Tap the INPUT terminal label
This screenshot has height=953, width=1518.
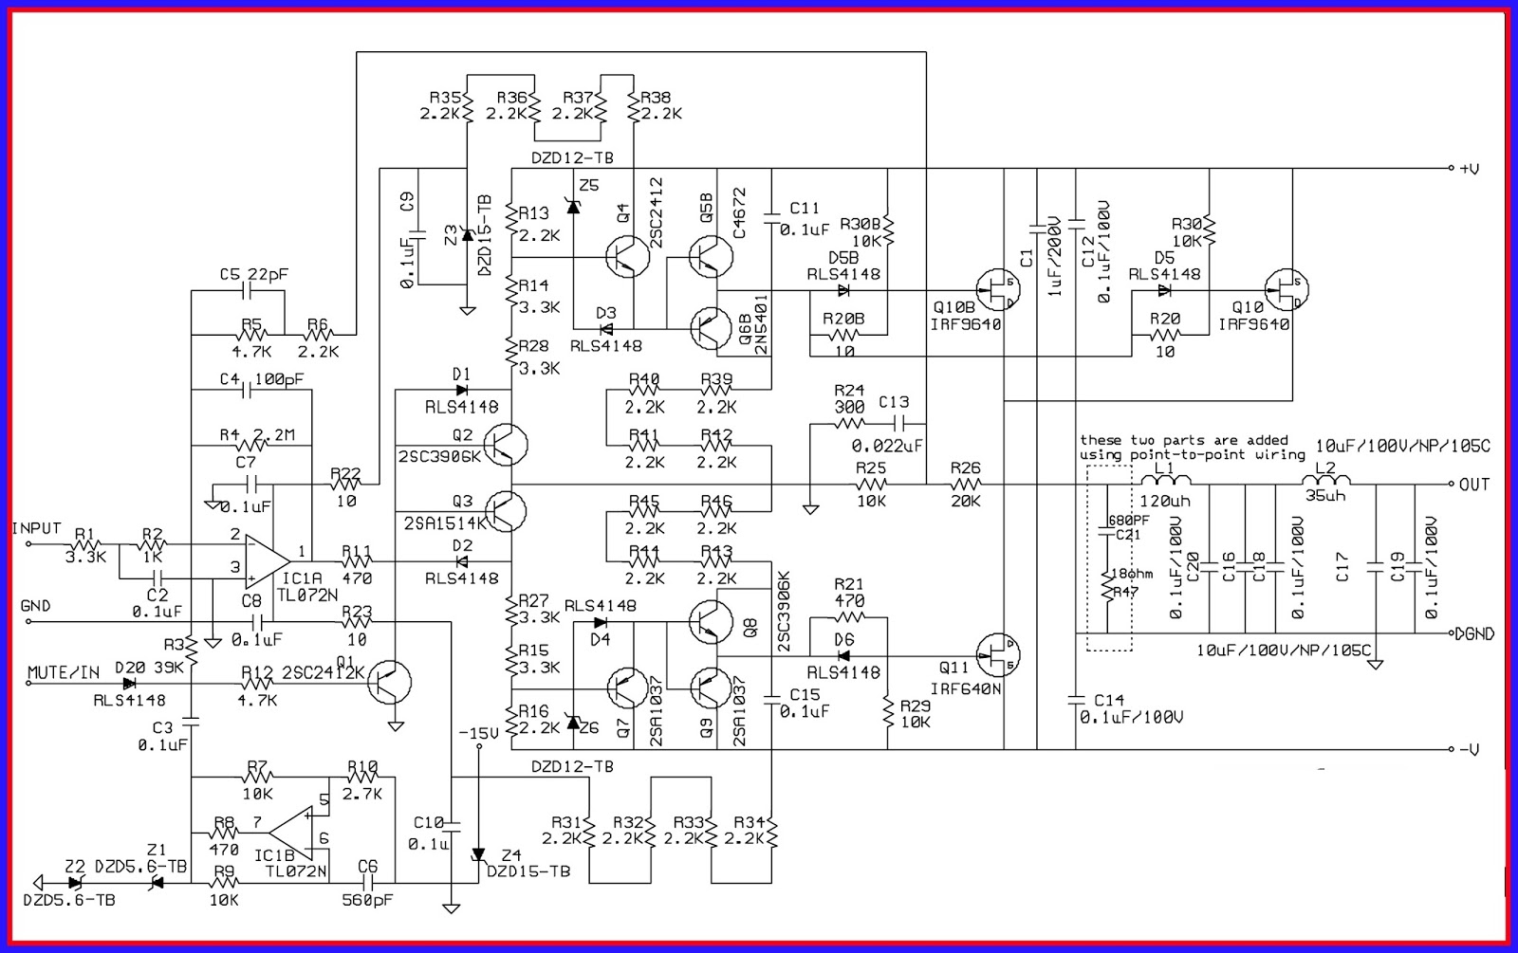tap(36, 528)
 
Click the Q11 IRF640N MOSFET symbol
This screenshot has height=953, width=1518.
tap(999, 653)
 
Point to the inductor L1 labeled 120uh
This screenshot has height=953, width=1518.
tap(1165, 483)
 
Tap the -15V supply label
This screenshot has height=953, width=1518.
tap(478, 734)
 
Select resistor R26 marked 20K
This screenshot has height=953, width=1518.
tap(965, 485)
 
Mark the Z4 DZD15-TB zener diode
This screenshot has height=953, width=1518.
tap(478, 855)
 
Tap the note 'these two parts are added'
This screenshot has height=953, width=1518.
tap(1183, 440)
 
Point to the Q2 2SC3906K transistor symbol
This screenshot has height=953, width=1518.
tap(505, 443)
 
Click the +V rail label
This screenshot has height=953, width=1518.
tap(1469, 169)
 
